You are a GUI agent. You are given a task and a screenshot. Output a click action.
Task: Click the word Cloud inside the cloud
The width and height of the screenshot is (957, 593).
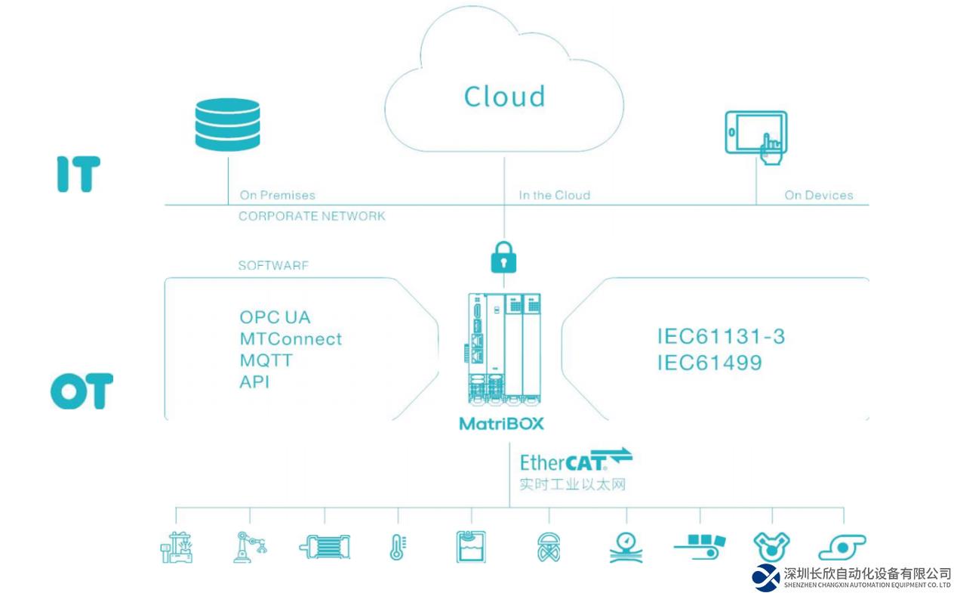pyautogui.click(x=504, y=97)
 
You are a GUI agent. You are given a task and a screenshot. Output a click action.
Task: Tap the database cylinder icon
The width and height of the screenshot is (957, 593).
pyautogui.click(x=226, y=125)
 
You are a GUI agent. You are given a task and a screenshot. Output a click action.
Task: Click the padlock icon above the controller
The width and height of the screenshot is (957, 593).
pyautogui.click(x=504, y=258)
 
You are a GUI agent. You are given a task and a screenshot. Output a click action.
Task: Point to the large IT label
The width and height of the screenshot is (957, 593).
pyautogui.click(x=78, y=174)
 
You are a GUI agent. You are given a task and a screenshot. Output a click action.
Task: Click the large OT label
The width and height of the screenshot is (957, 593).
pyautogui.click(x=82, y=391)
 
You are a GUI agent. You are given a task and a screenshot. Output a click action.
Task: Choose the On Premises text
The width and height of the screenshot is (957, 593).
pyautogui.click(x=277, y=195)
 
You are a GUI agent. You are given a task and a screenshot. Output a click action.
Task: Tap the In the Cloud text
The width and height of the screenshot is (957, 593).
pyautogui.click(x=554, y=195)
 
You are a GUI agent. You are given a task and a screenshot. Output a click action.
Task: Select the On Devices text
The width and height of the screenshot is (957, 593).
pyautogui.click(x=818, y=195)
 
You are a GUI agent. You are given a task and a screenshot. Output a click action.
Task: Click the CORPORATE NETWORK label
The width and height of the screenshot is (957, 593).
pyautogui.click(x=312, y=216)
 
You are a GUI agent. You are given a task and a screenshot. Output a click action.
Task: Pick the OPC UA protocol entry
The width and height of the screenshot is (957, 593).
pyautogui.click(x=275, y=317)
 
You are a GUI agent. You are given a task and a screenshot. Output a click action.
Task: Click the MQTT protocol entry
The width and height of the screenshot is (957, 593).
pyautogui.click(x=266, y=360)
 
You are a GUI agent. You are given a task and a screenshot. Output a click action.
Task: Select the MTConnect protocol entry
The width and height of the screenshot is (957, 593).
pyautogui.click(x=291, y=339)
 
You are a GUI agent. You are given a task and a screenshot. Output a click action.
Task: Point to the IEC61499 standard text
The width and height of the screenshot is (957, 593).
pyautogui.click(x=709, y=363)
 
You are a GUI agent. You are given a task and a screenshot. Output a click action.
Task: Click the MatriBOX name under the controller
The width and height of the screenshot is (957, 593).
pyautogui.click(x=501, y=423)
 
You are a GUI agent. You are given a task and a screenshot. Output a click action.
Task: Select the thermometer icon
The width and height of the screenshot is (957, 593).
pyautogui.click(x=397, y=547)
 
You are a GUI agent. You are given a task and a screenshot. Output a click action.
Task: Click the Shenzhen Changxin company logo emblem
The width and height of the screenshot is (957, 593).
pyautogui.click(x=766, y=577)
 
